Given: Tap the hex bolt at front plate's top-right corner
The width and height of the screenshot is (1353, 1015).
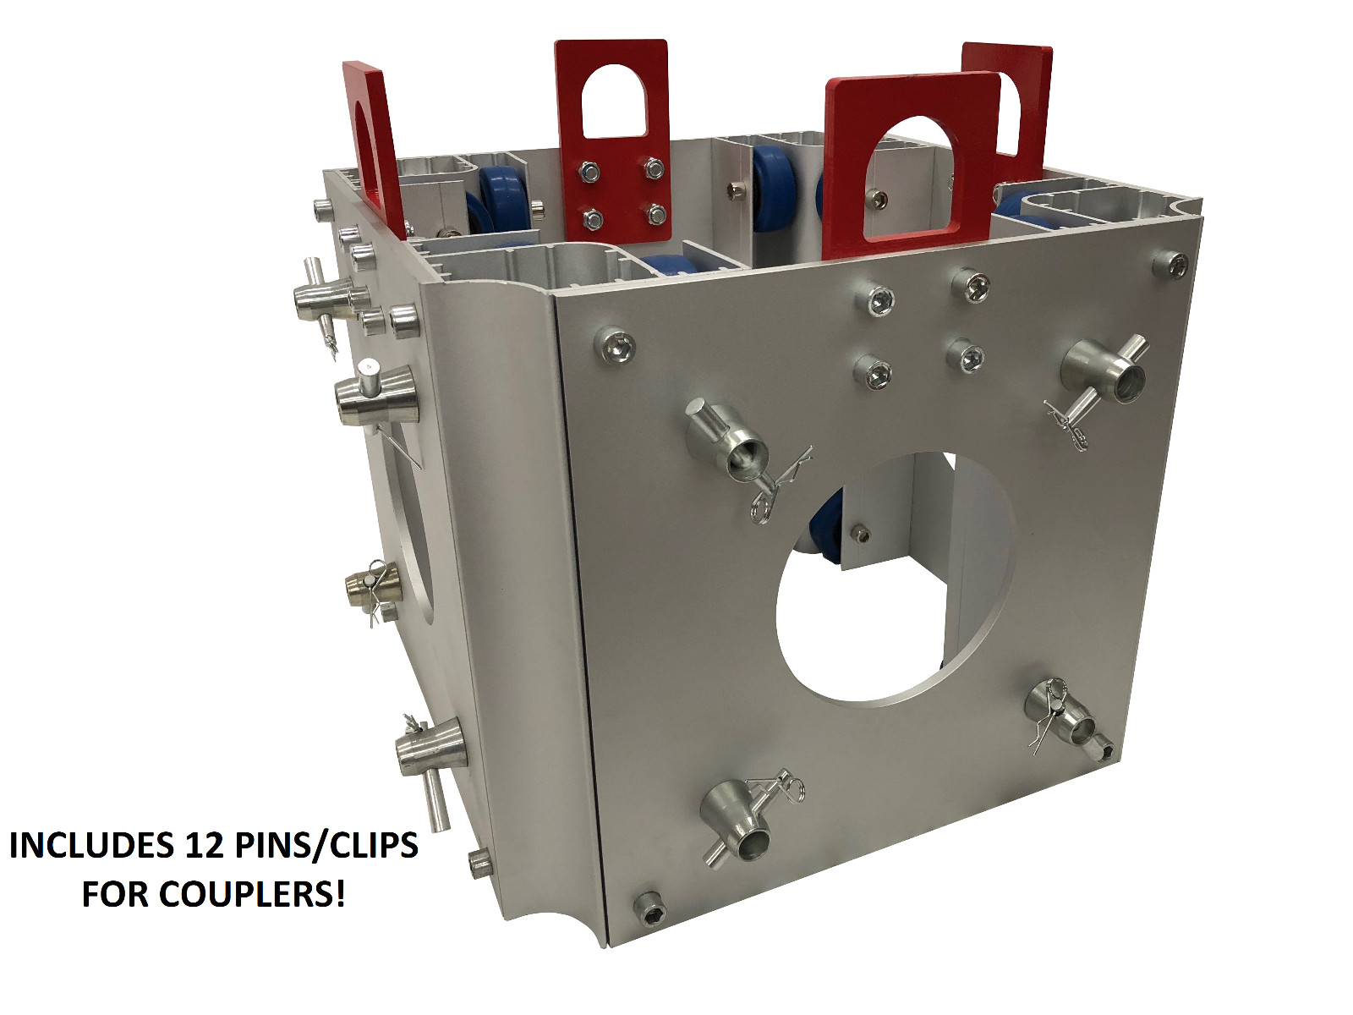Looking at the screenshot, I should [1171, 265].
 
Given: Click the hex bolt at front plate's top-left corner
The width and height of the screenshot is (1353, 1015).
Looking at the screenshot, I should [616, 346].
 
